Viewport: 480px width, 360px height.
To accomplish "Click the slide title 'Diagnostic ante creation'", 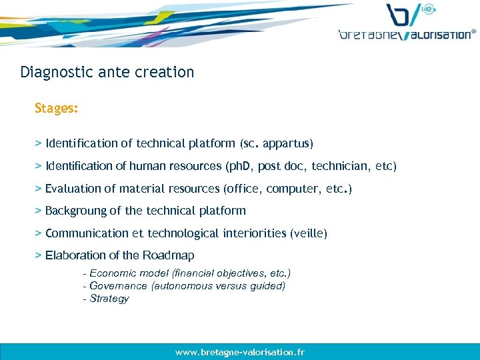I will click(x=107, y=72).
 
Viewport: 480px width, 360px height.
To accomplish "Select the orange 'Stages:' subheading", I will click(x=57, y=108).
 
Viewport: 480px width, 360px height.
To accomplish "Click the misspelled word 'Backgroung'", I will click(x=75, y=211).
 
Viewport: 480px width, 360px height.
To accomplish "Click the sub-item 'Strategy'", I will click(x=109, y=299).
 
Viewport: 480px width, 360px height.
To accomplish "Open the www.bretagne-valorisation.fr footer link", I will click(x=240, y=352).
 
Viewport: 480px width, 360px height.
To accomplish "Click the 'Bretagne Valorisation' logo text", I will click(x=407, y=34).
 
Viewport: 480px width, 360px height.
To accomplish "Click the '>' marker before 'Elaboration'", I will click(x=39, y=255).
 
